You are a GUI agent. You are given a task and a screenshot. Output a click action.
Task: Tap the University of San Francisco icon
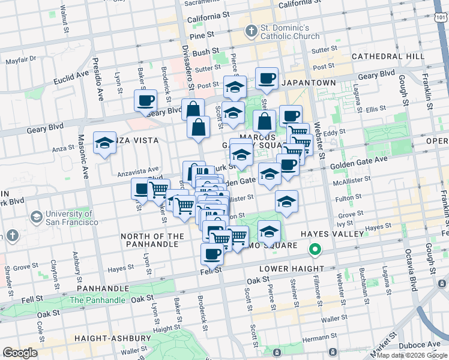[x=35, y=216]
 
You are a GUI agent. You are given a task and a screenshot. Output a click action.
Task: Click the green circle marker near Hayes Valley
[x=313, y=249]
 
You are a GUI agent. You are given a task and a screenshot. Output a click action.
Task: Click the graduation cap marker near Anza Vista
[x=104, y=143]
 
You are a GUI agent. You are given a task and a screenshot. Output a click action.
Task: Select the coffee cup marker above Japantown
[x=267, y=77]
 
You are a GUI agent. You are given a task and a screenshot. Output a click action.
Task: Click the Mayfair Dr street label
[x=22, y=61]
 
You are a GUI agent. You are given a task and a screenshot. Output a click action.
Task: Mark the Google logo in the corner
[x=20, y=353]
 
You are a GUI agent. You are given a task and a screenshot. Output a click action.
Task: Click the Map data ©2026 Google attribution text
[x=412, y=356]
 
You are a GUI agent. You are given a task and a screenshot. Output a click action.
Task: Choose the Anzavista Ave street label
[x=137, y=170]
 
